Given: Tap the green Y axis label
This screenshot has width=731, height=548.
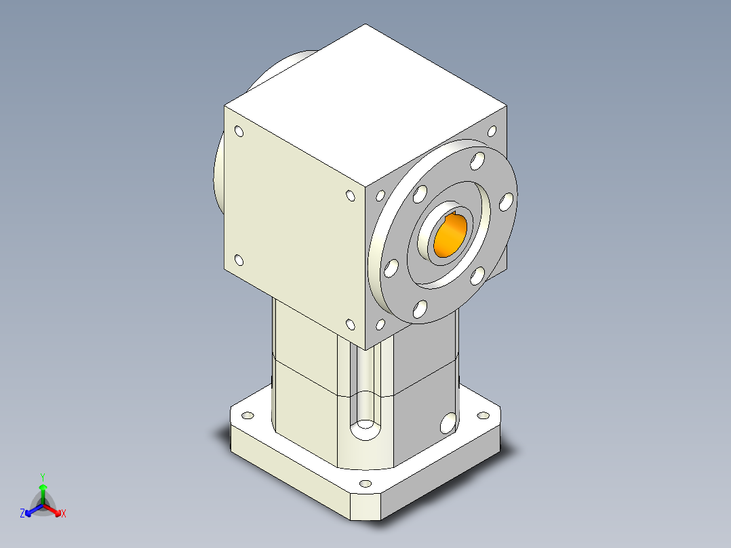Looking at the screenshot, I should [x=42, y=476].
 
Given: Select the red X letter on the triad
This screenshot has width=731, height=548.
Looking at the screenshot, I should [x=64, y=514].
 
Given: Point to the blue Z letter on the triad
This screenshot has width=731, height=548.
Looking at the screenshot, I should [x=22, y=514].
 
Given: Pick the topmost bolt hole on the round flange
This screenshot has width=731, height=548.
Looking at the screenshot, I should [x=479, y=161].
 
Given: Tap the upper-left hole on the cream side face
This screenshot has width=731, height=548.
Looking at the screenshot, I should [x=239, y=132].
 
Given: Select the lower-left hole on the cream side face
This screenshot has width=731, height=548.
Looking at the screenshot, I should [x=239, y=259].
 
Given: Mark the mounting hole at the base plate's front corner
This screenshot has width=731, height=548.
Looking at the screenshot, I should [x=366, y=484].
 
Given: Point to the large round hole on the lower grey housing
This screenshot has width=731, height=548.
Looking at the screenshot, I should [x=448, y=423].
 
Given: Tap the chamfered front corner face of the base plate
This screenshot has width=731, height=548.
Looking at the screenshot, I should [x=366, y=507].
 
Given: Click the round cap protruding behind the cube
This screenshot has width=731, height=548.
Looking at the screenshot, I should [x=224, y=170].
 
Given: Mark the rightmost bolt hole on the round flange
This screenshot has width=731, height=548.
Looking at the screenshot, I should [x=506, y=201].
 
